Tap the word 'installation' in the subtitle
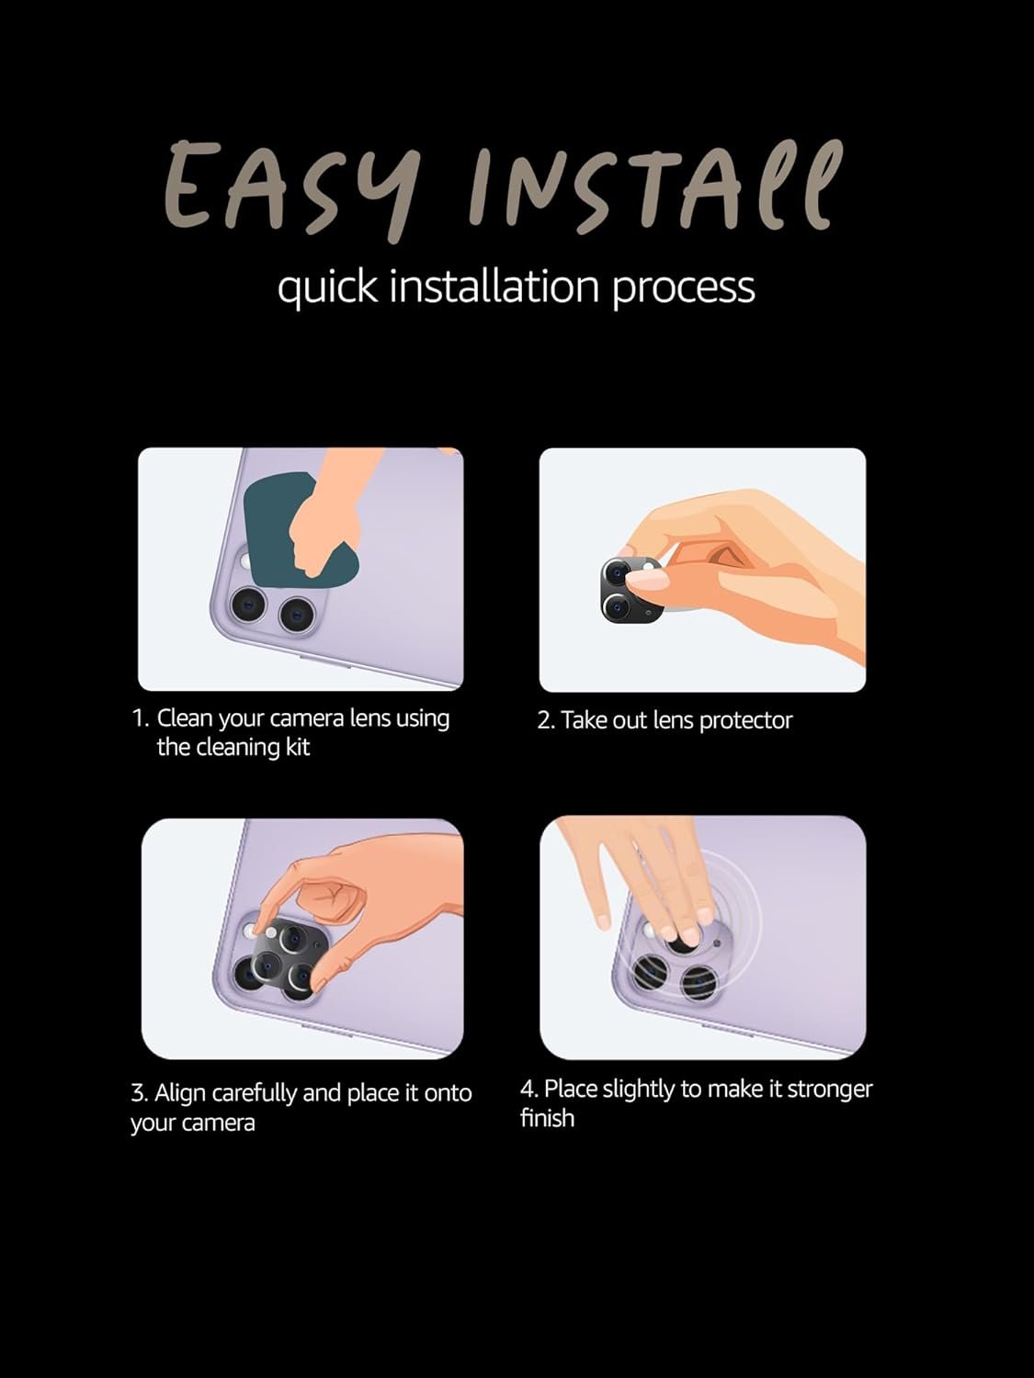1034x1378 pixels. point(494,287)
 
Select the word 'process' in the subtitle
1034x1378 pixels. point(683,291)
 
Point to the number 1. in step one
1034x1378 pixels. point(141,718)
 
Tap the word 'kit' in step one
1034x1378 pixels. point(298,748)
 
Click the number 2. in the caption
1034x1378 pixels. point(546,721)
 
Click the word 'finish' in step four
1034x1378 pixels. point(548,1118)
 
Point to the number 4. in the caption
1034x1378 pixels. point(529,1090)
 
